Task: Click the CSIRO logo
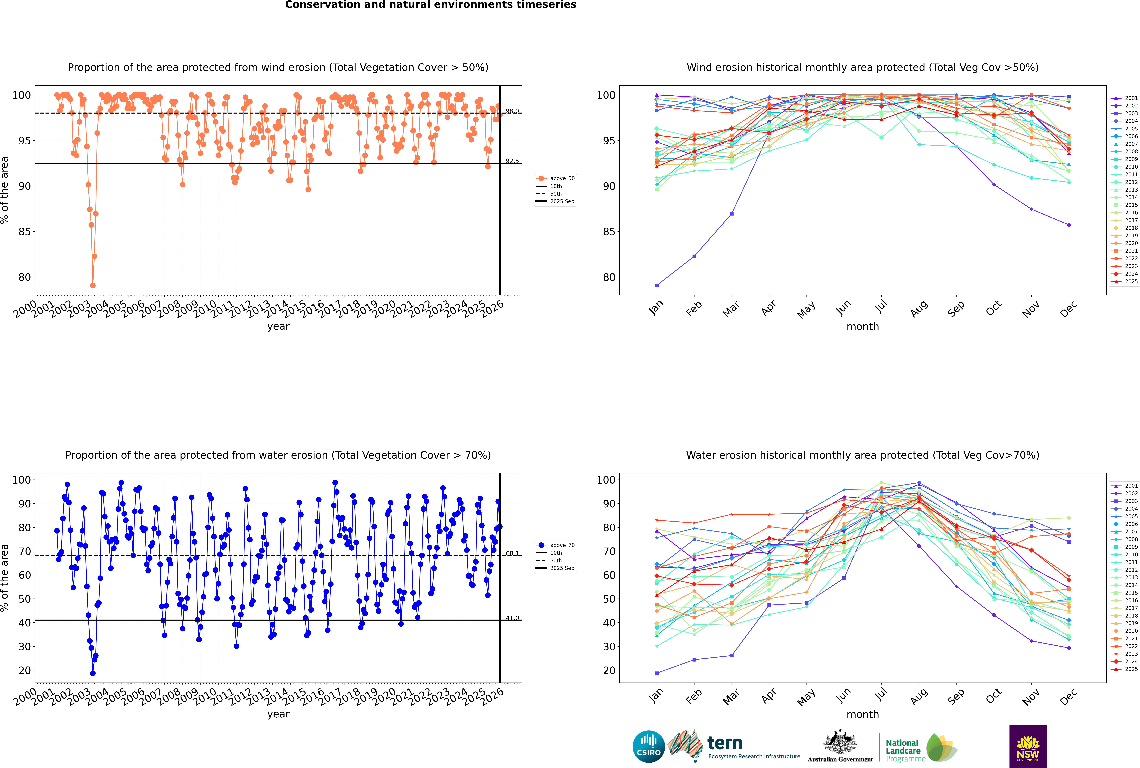pos(648,746)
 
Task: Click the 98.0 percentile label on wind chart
pos(512,111)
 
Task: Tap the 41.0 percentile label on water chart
pos(512,618)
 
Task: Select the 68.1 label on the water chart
pos(512,553)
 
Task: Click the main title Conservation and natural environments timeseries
pos(430,5)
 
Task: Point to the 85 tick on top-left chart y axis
pos(24,232)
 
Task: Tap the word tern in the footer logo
pos(725,744)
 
